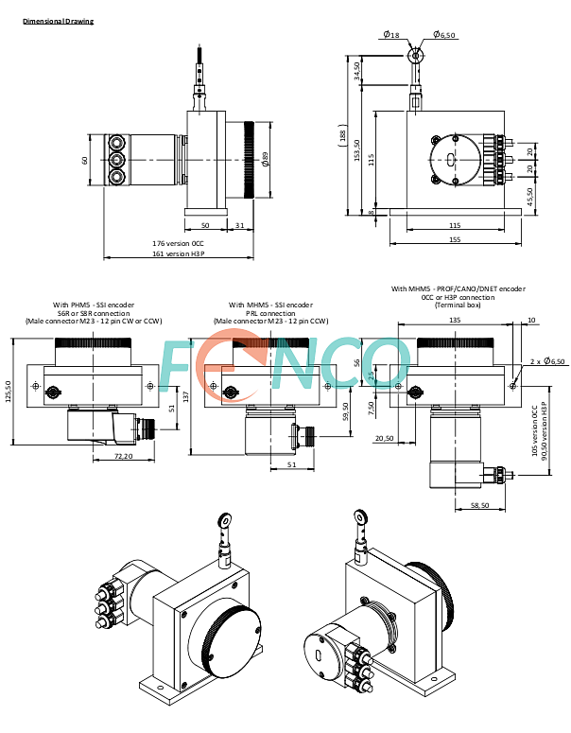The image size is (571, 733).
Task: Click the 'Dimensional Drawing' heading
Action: coord(59,21)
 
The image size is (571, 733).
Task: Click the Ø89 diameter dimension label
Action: coord(265,159)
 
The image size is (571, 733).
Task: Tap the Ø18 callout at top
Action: coord(391,34)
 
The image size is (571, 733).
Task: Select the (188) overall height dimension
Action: coord(342,135)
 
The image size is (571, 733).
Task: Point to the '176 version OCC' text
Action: coord(178,243)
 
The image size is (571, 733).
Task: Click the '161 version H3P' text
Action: coord(179,253)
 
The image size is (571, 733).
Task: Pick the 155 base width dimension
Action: coord(455,239)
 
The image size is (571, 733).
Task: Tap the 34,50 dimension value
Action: coord(357,71)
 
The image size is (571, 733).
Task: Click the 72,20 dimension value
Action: coord(123,456)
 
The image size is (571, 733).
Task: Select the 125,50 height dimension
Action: coord(8,393)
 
